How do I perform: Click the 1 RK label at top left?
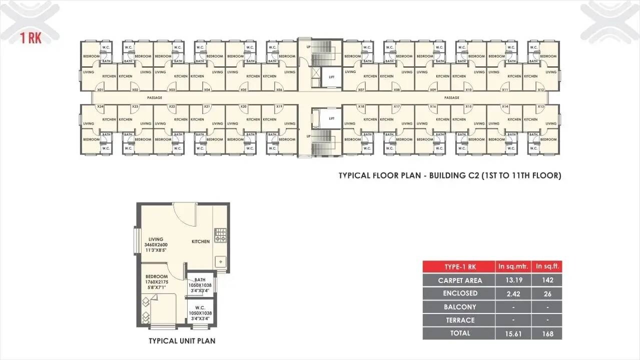(31, 38)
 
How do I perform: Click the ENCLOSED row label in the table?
(460, 293)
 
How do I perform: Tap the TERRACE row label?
(460, 320)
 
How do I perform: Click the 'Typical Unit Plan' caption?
(182, 341)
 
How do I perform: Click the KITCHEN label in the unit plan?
(201, 242)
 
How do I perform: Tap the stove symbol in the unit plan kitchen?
(220, 235)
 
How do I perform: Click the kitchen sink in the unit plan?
(220, 261)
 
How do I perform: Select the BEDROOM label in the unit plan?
(157, 276)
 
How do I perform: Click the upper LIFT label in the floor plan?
(331, 77)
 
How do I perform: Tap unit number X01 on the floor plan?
(100, 90)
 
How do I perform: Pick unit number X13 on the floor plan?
(540, 106)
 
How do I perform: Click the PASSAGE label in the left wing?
(155, 98)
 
